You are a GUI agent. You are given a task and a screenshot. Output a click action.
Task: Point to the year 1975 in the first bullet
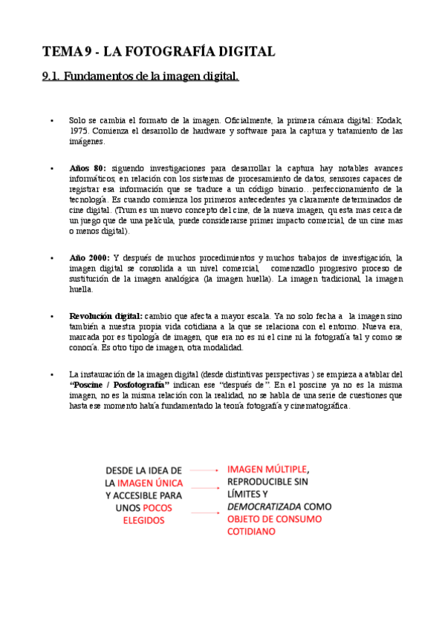(79, 131)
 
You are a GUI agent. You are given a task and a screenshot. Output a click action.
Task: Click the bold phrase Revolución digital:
(105, 316)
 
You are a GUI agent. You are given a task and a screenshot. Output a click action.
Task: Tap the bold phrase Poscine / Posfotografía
(120, 385)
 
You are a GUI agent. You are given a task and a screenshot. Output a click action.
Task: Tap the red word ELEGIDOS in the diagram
(143, 521)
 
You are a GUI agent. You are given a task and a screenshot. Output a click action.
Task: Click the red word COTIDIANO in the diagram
(251, 532)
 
